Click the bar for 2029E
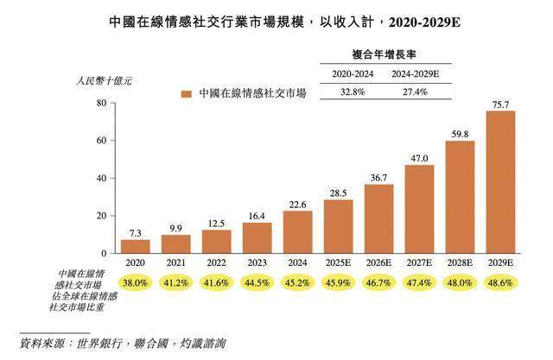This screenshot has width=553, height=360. point(500,181)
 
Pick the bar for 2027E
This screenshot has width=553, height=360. point(418,208)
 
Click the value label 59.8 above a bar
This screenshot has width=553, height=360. point(460,134)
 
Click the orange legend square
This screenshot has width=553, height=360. point(186,93)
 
